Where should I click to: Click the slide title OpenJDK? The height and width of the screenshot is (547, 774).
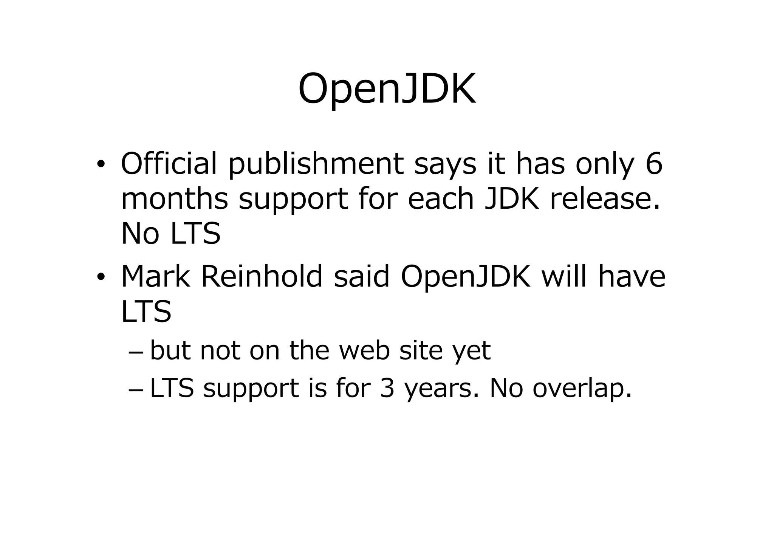pyautogui.click(x=387, y=90)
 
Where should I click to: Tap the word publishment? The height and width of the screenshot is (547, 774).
pyautogui.click(x=316, y=164)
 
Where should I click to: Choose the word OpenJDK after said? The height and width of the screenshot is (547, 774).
pyautogui.click(x=466, y=277)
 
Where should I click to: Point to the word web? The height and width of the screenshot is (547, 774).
pyautogui.click(x=364, y=350)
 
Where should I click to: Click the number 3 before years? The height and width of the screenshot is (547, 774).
pyautogui.click(x=387, y=388)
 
